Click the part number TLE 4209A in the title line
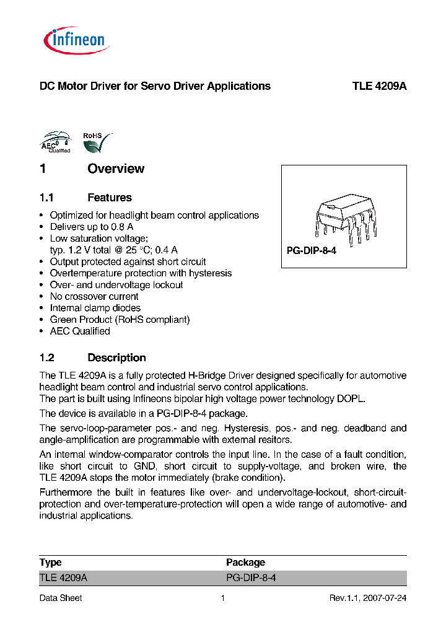click(379, 86)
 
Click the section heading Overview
click(116, 169)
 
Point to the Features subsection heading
click(110, 198)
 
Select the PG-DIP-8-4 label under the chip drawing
click(311, 252)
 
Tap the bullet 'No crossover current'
click(94, 296)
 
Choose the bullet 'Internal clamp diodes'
click(95, 308)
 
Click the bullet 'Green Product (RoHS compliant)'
click(120, 320)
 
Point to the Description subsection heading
click(116, 357)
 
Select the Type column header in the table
click(51, 563)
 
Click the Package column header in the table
click(245, 563)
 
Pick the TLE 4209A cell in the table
click(64, 577)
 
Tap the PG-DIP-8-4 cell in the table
click(251, 577)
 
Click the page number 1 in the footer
click(222, 598)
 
